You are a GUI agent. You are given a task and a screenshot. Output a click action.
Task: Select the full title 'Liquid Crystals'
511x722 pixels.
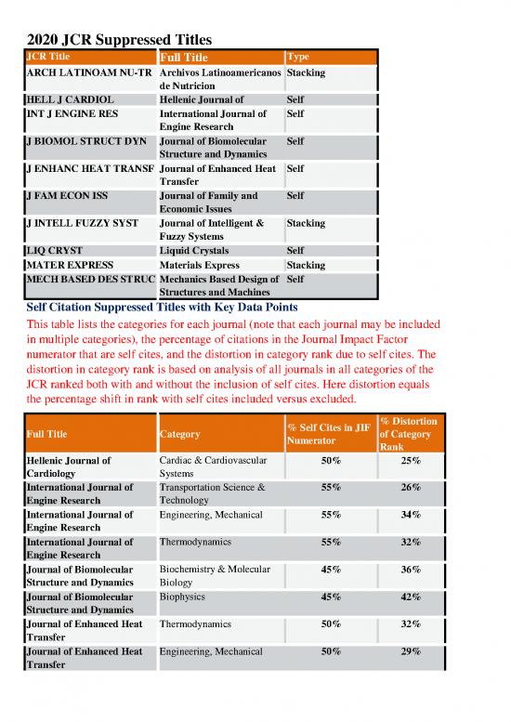coord(194,251)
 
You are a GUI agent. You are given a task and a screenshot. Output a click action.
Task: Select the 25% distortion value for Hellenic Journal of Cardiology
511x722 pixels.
coord(409,461)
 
